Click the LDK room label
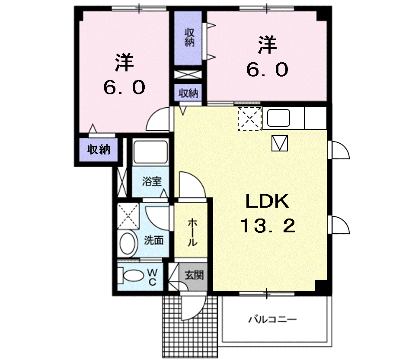click(267, 201)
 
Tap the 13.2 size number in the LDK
click(268, 225)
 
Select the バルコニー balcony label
click(272, 320)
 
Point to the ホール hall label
click(192, 232)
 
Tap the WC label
click(152, 277)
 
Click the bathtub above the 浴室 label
click(150, 151)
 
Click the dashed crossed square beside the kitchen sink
click(250, 118)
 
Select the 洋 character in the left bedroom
click(124, 63)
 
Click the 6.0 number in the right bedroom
click(267, 69)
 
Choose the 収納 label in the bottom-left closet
click(99, 150)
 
